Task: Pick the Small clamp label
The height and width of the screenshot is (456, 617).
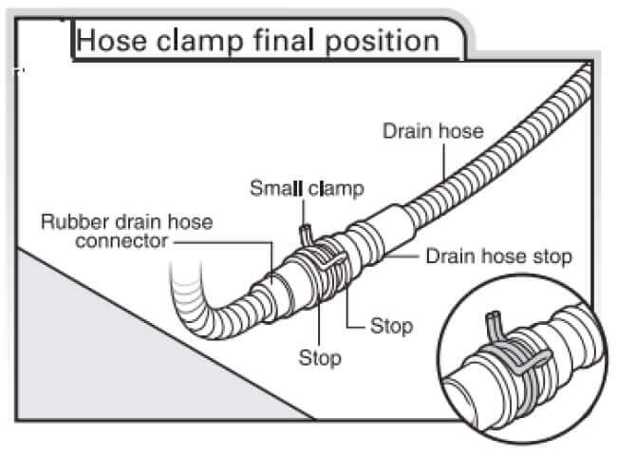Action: click(307, 188)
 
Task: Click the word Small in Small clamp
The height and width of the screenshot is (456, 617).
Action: click(274, 188)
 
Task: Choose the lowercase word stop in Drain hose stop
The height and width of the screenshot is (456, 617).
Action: click(554, 256)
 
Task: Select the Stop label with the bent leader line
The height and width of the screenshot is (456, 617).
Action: click(391, 327)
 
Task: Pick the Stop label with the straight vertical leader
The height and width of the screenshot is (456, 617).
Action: click(320, 358)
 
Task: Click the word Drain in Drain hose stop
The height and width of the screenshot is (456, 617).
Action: click(451, 256)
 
